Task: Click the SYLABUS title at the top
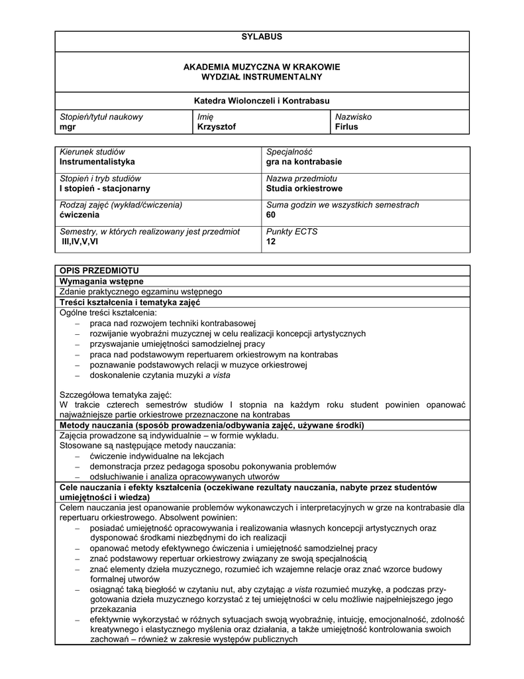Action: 262,36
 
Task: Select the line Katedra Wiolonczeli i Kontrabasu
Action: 262,101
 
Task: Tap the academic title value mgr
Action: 67,127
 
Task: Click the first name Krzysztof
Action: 216,127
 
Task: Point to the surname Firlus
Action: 346,127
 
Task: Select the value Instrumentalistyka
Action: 97,162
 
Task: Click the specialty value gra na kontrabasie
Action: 304,162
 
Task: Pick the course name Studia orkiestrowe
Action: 304,188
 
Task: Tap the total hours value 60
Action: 271,215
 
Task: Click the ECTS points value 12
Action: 270,241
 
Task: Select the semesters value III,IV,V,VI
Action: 79,241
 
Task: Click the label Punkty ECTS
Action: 291,231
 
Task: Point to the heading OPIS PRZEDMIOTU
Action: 99,271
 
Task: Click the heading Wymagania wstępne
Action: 101,281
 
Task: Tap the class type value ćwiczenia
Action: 79,215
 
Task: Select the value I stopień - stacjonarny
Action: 105,188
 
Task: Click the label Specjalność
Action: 289,152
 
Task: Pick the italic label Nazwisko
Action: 353,117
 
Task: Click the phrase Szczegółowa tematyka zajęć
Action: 115,394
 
